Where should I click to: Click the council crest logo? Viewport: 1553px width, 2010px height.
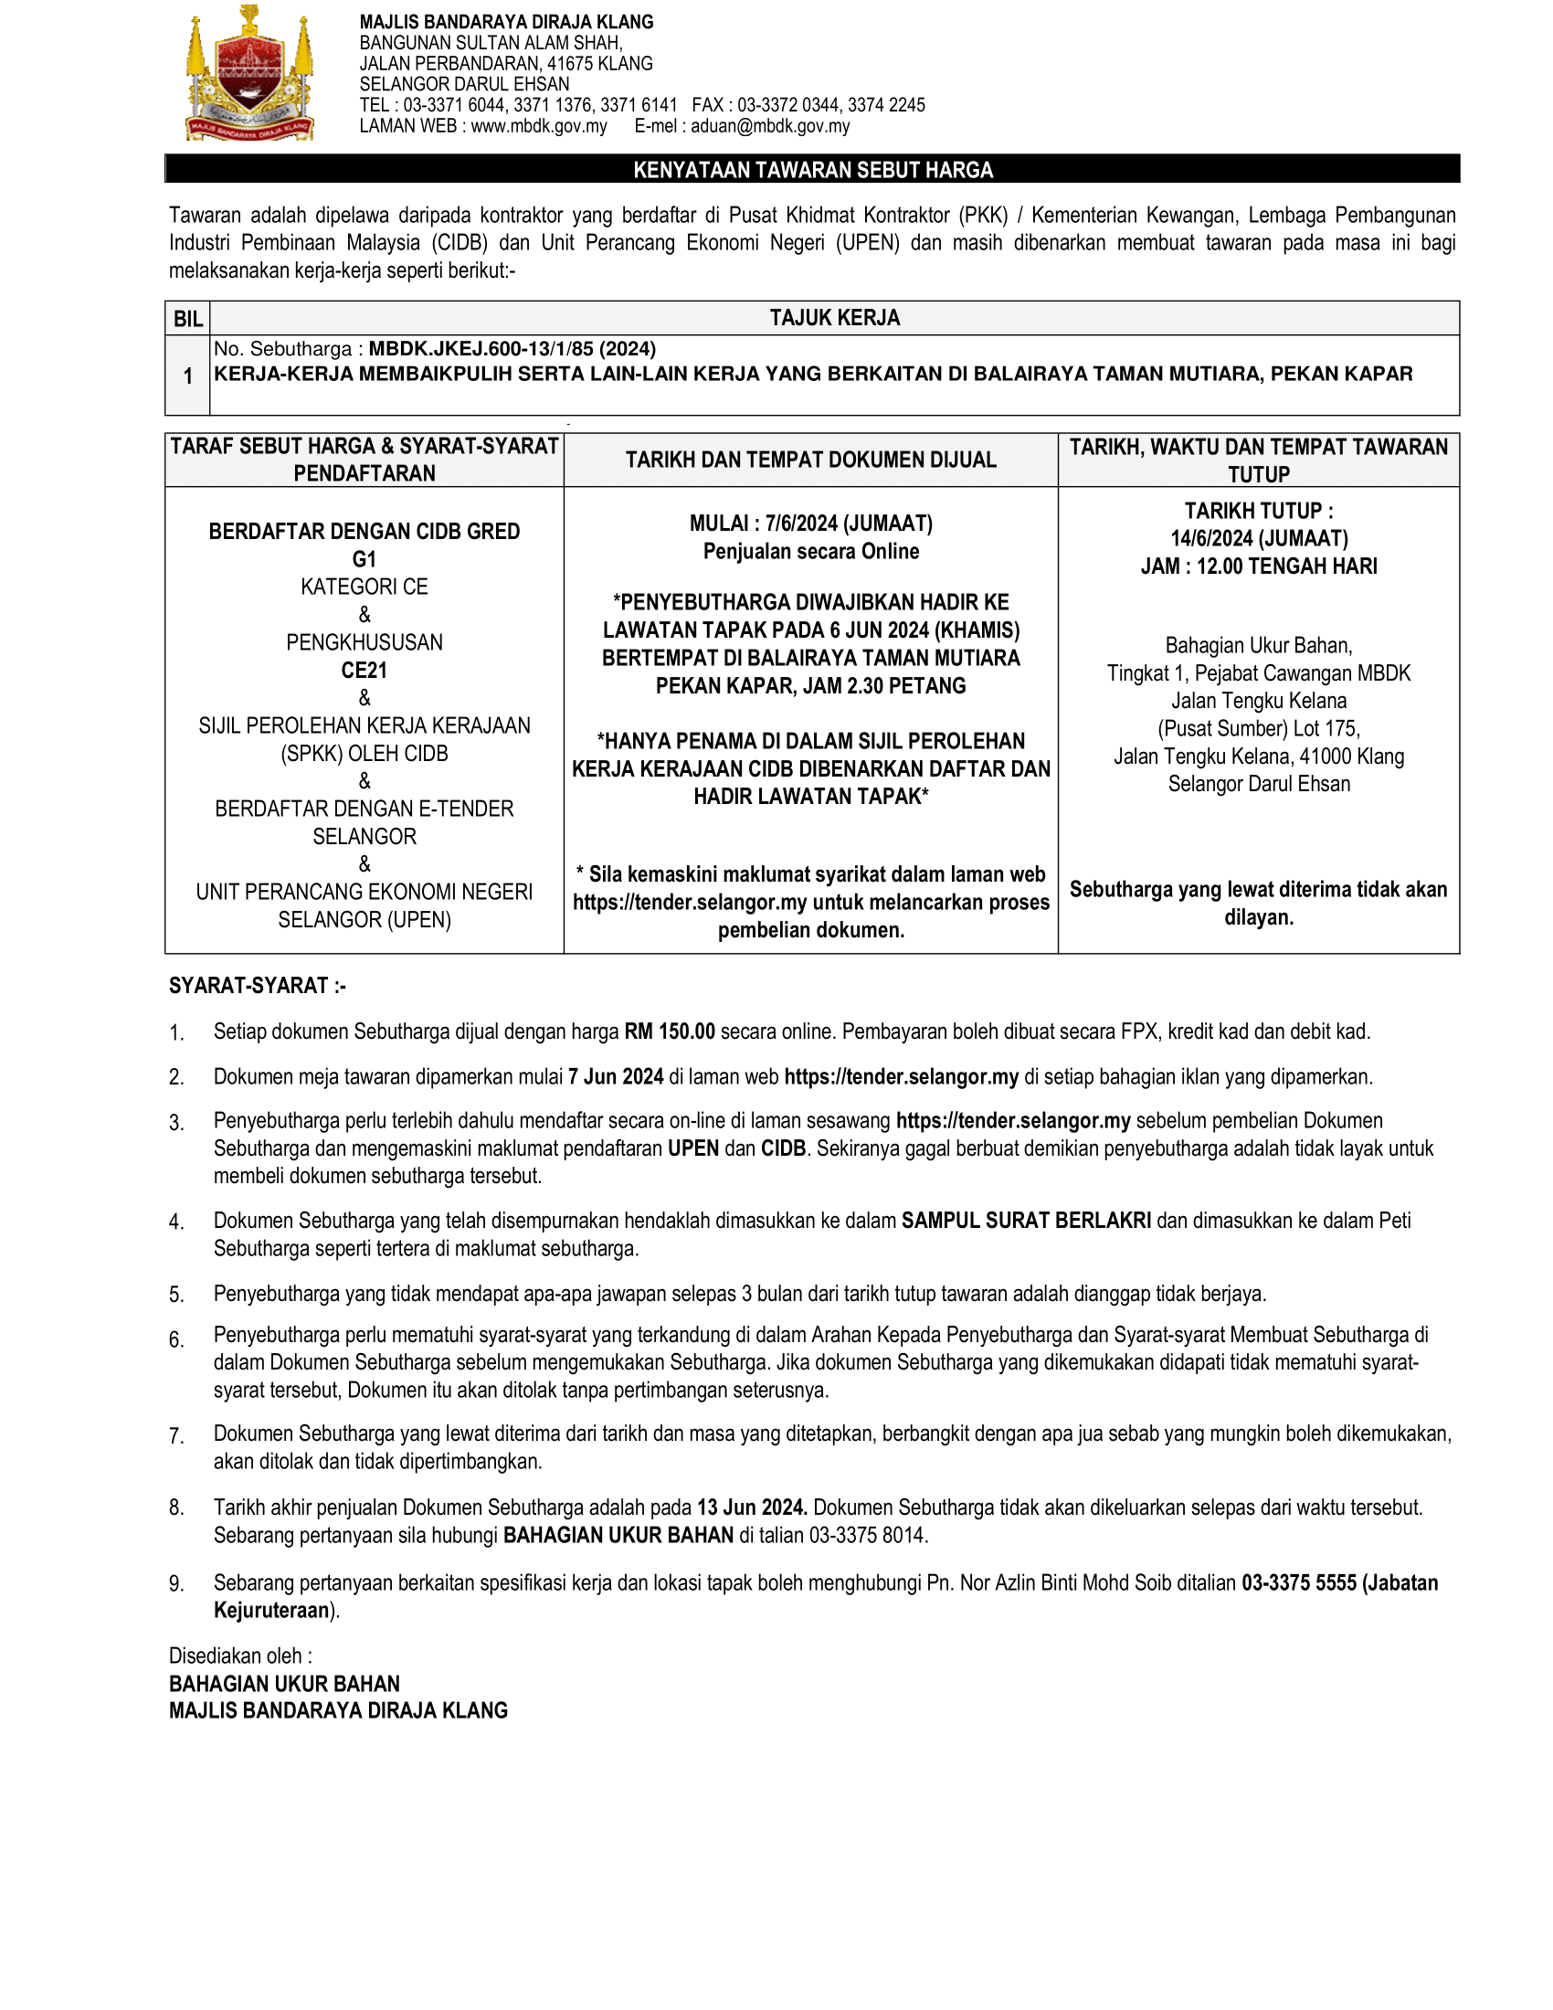pyautogui.click(x=250, y=75)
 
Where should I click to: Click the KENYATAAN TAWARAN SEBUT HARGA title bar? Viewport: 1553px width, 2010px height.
pyautogui.click(x=812, y=169)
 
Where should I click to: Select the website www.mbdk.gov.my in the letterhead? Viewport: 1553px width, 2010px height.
pyautogui.click(x=538, y=126)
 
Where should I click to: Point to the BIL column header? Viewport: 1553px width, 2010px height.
pyautogui.click(x=187, y=319)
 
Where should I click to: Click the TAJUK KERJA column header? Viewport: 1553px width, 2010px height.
pyautogui.click(x=834, y=318)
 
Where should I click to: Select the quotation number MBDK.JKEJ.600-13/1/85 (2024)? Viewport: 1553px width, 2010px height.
pyautogui.click(x=512, y=349)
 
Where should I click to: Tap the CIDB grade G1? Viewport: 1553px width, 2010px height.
pyautogui.click(x=364, y=558)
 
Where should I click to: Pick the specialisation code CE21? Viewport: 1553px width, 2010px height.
pyautogui.click(x=364, y=670)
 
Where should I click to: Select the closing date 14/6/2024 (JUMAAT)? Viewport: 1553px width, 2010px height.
pyautogui.click(x=1259, y=538)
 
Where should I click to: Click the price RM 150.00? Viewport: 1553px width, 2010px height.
pyautogui.click(x=669, y=1031)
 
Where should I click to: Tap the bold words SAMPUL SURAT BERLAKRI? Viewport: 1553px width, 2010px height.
pyautogui.click(x=1026, y=1221)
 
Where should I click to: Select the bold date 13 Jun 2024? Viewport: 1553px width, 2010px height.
pyautogui.click(x=752, y=1507)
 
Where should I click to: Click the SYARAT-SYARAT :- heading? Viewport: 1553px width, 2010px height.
pyautogui.click(x=258, y=986)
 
